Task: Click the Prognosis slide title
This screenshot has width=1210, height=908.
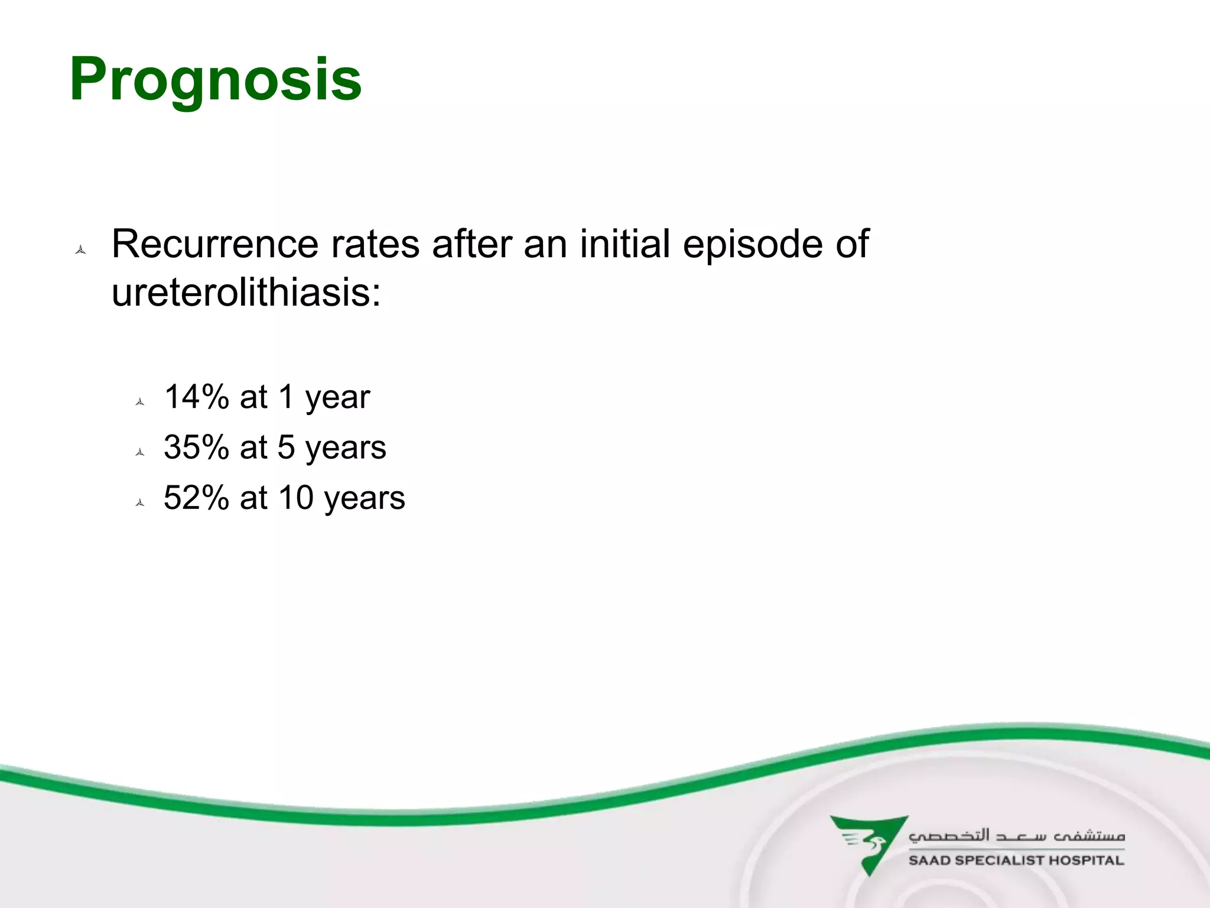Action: pyautogui.click(x=216, y=80)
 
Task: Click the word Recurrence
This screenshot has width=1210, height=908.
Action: pyautogui.click(x=215, y=244)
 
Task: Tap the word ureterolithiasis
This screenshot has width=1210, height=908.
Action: pyautogui.click(x=246, y=292)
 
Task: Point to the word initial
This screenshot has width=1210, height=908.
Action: pyautogui.click(x=624, y=244)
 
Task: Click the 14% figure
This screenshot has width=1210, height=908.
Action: pyautogui.click(x=196, y=397)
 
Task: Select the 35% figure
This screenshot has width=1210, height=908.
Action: pyautogui.click(x=196, y=447)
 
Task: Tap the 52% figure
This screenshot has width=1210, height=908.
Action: pyautogui.click(x=196, y=497)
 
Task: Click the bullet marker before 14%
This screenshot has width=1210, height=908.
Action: pyautogui.click(x=140, y=402)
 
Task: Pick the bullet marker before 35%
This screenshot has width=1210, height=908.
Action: pyautogui.click(x=140, y=452)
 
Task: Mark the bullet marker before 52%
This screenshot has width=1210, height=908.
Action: pyautogui.click(x=140, y=502)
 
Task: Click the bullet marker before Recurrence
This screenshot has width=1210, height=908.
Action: pyautogui.click(x=81, y=250)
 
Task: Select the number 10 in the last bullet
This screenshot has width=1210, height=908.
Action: pyautogui.click(x=296, y=497)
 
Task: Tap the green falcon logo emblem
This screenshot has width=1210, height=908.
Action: pyautogui.click(x=868, y=843)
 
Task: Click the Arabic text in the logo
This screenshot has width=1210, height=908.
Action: pyautogui.click(x=1016, y=835)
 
